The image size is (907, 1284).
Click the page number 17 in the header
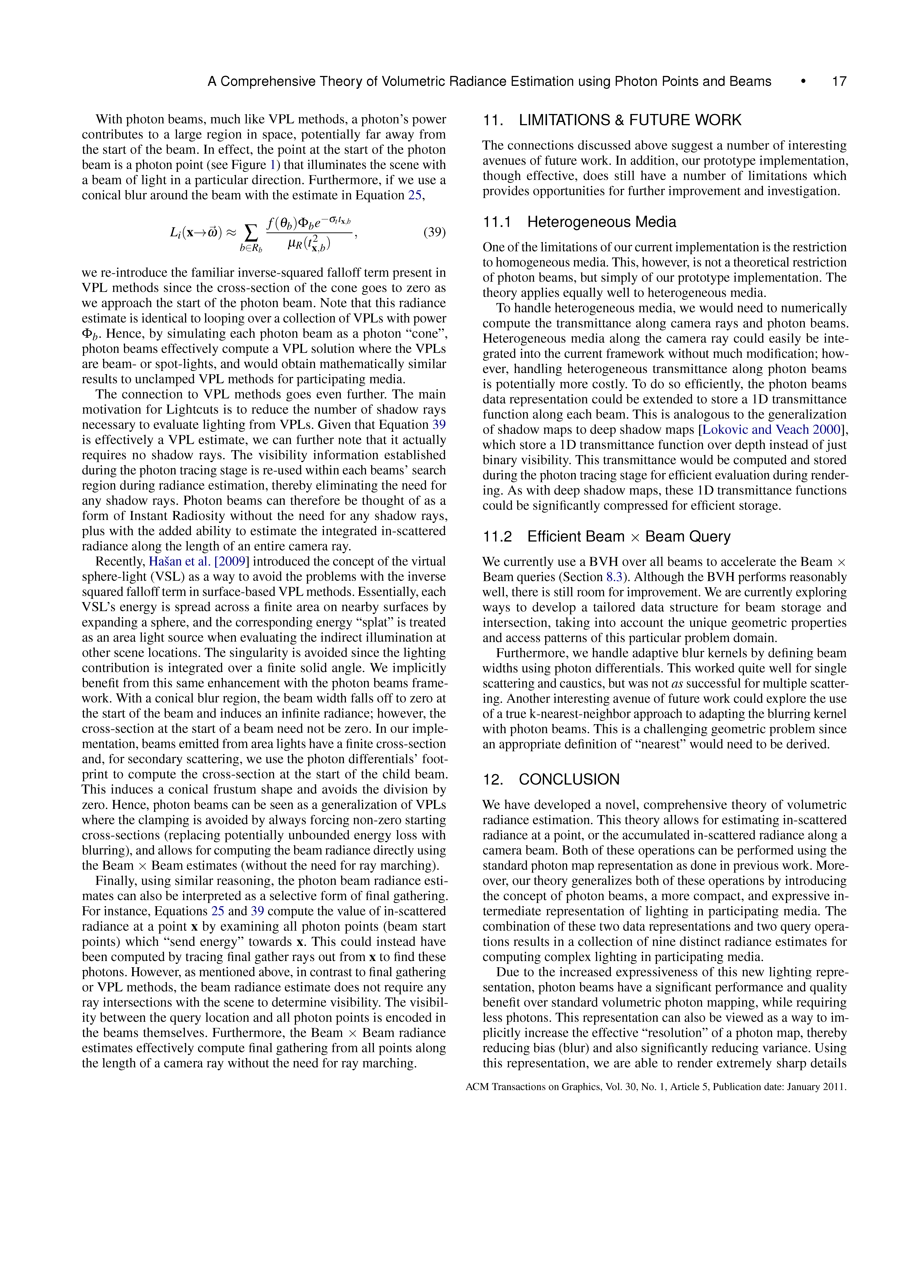coord(839,82)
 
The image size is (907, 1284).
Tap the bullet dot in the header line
coord(803,82)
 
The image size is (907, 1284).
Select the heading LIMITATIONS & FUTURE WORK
coord(630,120)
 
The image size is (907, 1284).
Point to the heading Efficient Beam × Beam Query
coord(629,537)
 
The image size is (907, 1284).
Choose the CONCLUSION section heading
coord(569,780)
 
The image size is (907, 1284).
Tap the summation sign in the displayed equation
coord(252,231)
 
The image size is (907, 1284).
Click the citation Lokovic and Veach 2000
coord(771,430)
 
